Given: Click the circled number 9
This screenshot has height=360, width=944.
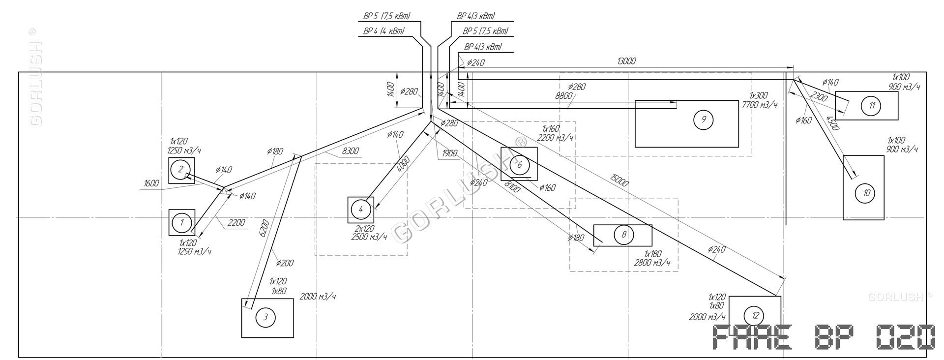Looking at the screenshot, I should [x=704, y=120].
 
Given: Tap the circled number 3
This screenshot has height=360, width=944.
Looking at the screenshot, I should [x=265, y=317].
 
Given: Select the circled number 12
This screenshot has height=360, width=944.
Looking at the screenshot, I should [x=755, y=315].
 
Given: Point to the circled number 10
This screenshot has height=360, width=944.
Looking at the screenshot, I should [x=866, y=193].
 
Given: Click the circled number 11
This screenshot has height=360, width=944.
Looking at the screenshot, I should [x=872, y=105].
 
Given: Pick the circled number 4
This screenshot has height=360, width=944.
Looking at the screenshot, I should [x=361, y=209].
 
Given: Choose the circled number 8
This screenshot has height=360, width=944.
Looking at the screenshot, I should [x=623, y=235].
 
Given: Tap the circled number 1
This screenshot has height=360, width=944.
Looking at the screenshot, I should [x=182, y=222].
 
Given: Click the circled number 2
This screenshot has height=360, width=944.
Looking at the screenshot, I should [x=180, y=170].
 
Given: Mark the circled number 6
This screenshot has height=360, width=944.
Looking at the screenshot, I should [x=519, y=165].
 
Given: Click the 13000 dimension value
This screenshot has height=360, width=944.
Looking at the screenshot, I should [x=626, y=61].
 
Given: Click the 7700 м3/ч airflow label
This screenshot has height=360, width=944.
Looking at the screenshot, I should [x=759, y=105].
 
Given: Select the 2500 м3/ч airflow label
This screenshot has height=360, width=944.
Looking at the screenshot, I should [x=369, y=237].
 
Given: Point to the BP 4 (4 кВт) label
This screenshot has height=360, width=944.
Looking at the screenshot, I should [x=383, y=31].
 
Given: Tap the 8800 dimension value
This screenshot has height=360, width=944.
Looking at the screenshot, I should [x=563, y=96].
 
